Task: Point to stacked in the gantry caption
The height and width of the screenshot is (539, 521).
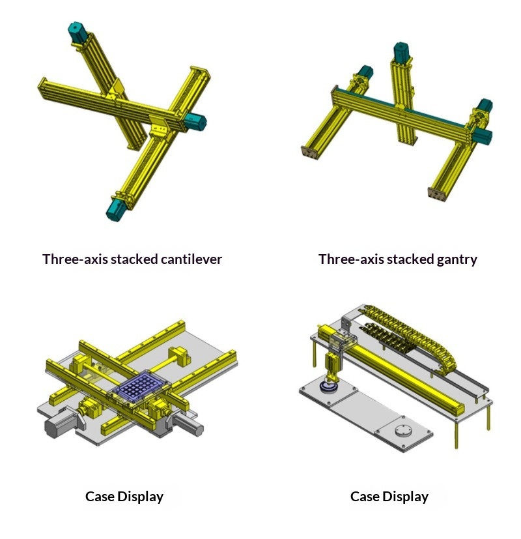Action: tap(410, 259)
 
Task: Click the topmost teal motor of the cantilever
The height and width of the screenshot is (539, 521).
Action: tap(79, 32)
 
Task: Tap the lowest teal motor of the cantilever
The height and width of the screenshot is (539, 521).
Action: tap(116, 209)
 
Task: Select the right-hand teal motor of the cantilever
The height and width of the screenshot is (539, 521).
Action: tap(194, 121)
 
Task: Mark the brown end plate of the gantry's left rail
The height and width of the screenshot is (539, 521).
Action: tap(310, 153)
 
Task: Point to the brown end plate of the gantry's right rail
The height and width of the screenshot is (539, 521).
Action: tap(437, 194)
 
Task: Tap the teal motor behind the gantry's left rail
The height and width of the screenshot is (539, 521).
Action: tap(365, 72)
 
